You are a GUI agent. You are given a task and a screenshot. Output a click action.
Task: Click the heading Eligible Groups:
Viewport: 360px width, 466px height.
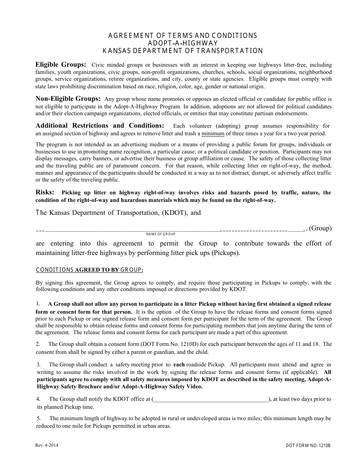click(x=61, y=64)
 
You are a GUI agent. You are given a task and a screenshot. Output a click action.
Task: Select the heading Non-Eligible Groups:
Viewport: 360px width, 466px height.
click(x=68, y=99)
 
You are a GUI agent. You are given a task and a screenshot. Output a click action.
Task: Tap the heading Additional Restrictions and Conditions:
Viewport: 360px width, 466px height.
click(x=100, y=125)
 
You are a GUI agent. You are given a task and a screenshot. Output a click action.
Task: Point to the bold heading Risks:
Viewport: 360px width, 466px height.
click(x=45, y=192)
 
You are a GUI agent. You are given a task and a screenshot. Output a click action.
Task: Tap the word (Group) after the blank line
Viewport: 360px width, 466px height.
click(x=320, y=228)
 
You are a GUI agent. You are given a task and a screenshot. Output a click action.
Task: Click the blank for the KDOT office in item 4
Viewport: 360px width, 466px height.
click(x=210, y=399)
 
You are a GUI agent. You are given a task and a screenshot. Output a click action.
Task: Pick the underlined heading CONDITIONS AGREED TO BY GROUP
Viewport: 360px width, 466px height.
click(x=89, y=270)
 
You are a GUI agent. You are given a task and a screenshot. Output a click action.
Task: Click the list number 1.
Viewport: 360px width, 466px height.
click(x=38, y=303)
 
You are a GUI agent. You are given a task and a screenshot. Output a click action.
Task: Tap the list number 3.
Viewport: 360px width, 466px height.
click(x=39, y=364)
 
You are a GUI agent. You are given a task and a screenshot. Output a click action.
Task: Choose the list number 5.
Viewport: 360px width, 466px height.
click(x=39, y=418)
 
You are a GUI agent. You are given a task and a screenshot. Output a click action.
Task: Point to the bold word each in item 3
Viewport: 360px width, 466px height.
click(x=179, y=364)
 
